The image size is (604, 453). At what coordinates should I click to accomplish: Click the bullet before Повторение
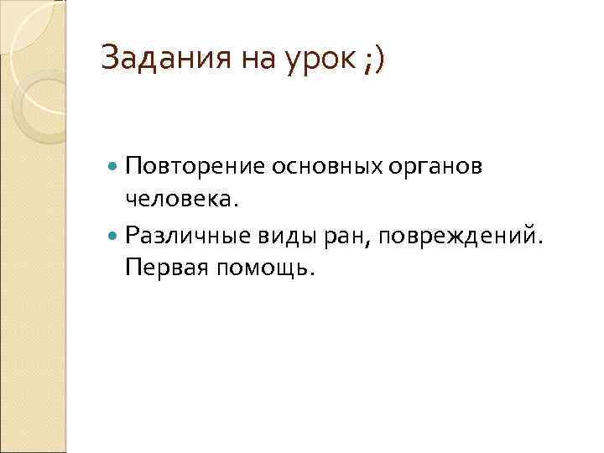point(114,167)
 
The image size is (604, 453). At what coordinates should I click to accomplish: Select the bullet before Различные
point(114,236)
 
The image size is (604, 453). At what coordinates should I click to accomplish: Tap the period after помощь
point(315,275)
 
